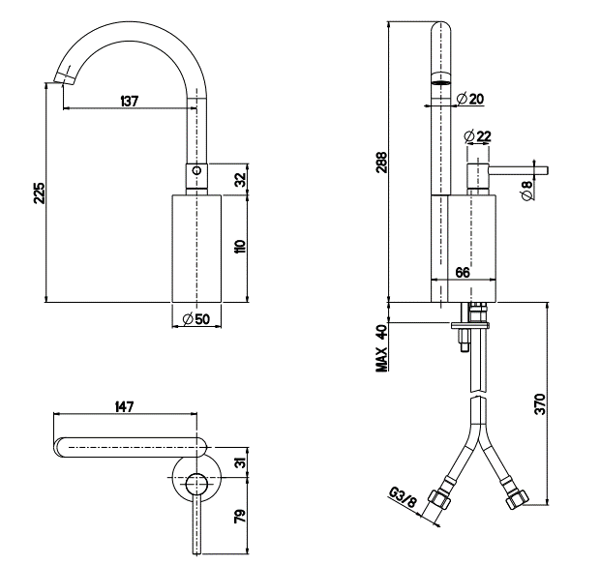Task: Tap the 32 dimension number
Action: [x=241, y=179]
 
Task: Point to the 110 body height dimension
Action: [x=241, y=247]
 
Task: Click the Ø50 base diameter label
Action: [x=196, y=319]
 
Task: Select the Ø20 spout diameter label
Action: [x=473, y=98]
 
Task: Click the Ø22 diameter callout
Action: [x=478, y=135]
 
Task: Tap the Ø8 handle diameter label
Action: [x=527, y=191]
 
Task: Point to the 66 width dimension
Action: [x=463, y=274]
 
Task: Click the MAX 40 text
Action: [x=382, y=347]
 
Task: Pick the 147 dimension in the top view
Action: [x=124, y=408]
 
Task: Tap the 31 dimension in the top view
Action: [x=241, y=465]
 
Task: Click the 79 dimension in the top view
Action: [x=241, y=517]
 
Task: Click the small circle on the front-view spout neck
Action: [x=196, y=171]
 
